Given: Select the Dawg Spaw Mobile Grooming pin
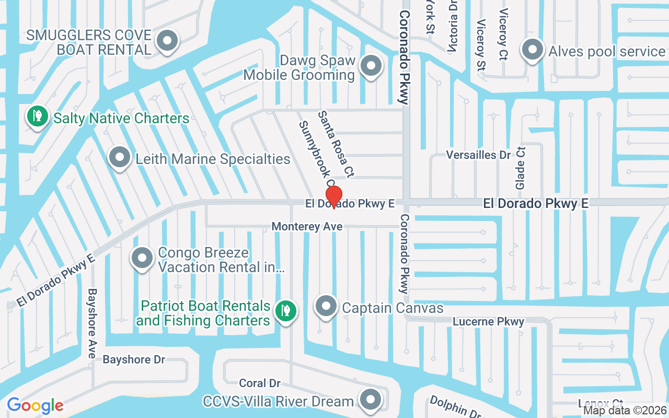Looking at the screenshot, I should click(x=372, y=66).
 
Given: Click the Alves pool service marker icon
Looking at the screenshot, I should click(x=533, y=50).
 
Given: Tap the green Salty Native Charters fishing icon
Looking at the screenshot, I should click(x=37, y=117).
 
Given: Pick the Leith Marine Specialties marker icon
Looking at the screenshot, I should click(x=120, y=157).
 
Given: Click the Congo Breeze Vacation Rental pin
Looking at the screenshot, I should click(x=142, y=258).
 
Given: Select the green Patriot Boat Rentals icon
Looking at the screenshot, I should click(x=285, y=311).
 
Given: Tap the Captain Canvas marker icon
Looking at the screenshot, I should click(x=327, y=307).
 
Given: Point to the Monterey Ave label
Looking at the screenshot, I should click(x=307, y=226).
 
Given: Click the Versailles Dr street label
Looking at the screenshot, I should click(x=478, y=155).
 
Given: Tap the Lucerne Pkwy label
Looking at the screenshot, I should click(x=488, y=321).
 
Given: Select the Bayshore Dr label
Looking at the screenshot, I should click(x=134, y=359).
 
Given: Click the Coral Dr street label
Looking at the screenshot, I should click(x=260, y=384).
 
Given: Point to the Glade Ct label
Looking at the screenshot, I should click(x=520, y=168).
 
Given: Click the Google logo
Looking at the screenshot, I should click(x=35, y=405).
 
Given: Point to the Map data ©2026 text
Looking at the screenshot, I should click(x=625, y=411).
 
